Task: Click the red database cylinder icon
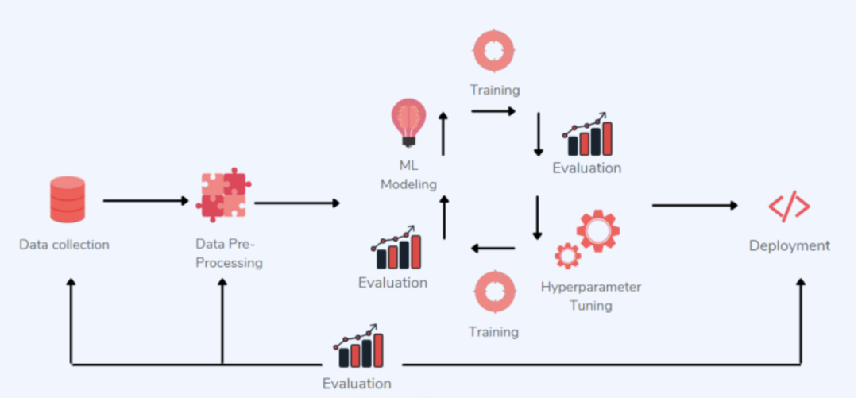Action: click(67, 199)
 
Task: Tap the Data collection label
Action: click(64, 245)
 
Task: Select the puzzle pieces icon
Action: click(224, 194)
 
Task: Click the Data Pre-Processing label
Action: click(229, 253)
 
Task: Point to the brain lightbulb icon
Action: click(409, 122)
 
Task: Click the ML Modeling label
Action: click(409, 176)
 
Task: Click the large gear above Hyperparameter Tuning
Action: click(597, 230)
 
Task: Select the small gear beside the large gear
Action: click(567, 255)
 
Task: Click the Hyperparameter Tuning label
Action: click(590, 296)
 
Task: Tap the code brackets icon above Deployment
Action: click(789, 207)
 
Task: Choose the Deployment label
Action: click(789, 245)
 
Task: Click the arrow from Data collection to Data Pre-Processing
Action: click(146, 201)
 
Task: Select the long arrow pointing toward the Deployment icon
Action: click(695, 206)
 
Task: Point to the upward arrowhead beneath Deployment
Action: click(801, 284)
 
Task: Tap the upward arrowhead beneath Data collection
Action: click(71, 284)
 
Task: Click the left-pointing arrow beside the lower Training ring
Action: click(493, 249)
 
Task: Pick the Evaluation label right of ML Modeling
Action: click(587, 168)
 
